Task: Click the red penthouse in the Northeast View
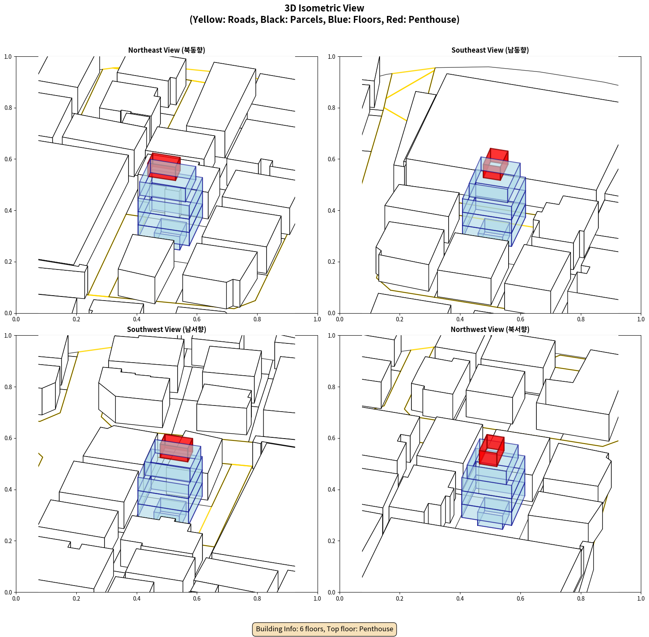pyautogui.click(x=164, y=167)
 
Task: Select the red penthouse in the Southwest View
pyautogui.click(x=176, y=448)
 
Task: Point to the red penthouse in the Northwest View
pyautogui.click(x=491, y=450)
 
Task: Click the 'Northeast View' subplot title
pyautogui.click(x=167, y=50)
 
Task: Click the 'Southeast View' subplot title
pyautogui.click(x=490, y=50)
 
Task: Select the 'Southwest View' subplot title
pyautogui.click(x=167, y=330)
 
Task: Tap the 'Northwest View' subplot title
pyautogui.click(x=490, y=330)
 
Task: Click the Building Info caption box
pyautogui.click(x=324, y=629)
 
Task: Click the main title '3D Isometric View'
pyautogui.click(x=324, y=8)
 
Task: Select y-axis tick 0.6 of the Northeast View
pyautogui.click(x=8, y=159)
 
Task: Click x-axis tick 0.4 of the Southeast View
pyautogui.click(x=460, y=319)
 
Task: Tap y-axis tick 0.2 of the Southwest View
pyautogui.click(x=8, y=541)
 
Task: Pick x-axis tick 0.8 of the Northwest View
pyautogui.click(x=581, y=599)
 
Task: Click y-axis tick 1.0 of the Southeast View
pyautogui.click(x=331, y=57)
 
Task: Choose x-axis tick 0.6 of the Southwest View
pyautogui.click(x=197, y=599)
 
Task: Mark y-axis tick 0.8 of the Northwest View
pyautogui.click(x=331, y=387)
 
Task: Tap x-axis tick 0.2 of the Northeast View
pyautogui.click(x=76, y=319)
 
